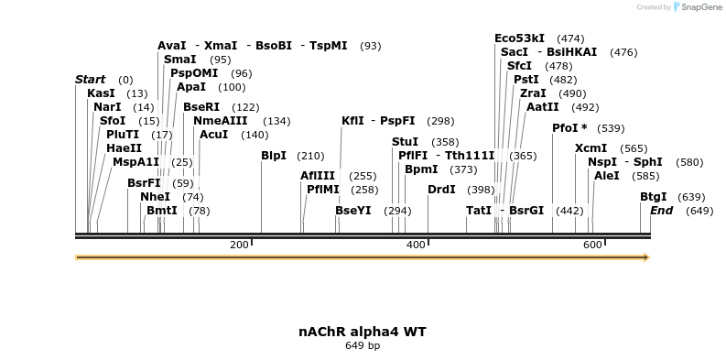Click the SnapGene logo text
point(699,7)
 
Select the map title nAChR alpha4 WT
point(363,331)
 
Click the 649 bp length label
point(363,345)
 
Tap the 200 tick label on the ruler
point(239,245)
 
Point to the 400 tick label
point(416,245)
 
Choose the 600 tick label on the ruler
point(592,245)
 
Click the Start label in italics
point(90,80)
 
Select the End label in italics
point(661,211)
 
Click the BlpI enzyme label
point(274,156)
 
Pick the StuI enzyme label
point(405,142)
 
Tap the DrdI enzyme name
point(441,190)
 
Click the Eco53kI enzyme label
point(519,38)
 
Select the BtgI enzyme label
point(653,197)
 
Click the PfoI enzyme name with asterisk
point(569,128)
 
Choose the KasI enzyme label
point(101,93)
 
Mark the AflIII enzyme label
point(319,176)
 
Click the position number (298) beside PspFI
point(440,121)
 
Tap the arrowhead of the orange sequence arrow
point(645,257)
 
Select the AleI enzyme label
point(607,176)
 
